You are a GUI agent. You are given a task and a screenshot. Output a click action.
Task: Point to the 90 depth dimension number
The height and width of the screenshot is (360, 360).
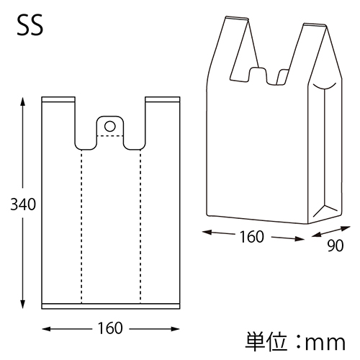(x=334, y=245)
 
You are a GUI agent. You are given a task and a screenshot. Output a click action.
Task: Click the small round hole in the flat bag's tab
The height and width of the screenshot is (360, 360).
(x=109, y=126)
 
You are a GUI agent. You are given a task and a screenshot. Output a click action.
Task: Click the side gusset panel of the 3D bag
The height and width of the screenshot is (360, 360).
(x=325, y=151)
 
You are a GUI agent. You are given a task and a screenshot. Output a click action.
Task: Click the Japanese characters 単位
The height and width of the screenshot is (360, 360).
(x=264, y=339)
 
